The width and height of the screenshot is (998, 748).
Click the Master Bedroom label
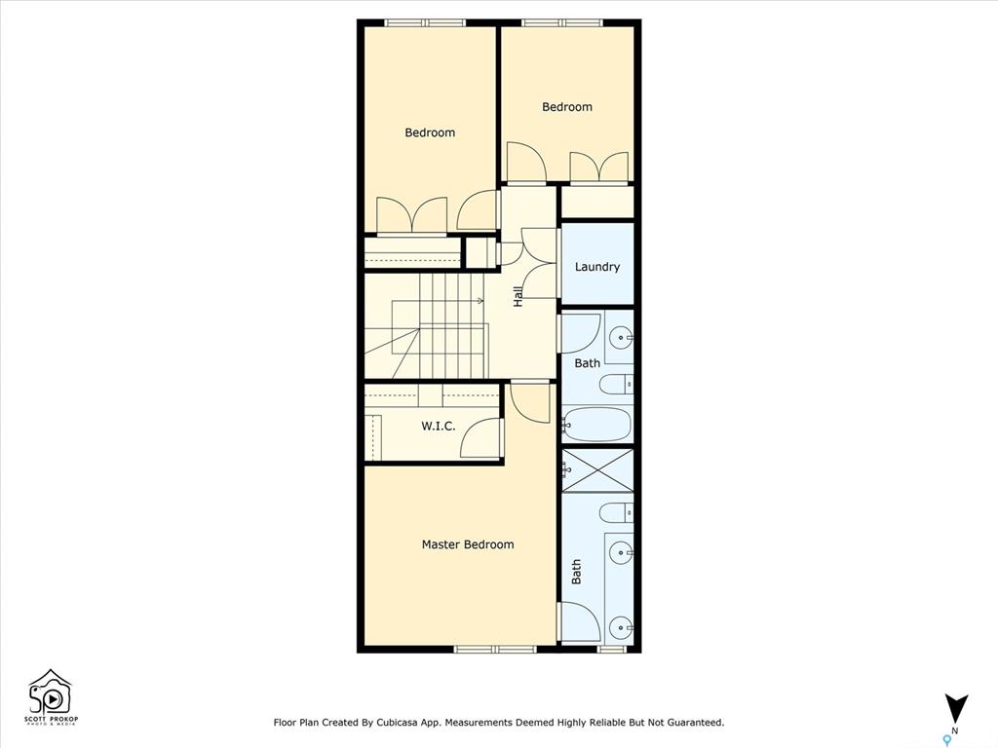point(468,544)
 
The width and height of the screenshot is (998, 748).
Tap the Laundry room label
point(597,267)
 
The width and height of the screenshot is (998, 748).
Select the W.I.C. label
point(438,427)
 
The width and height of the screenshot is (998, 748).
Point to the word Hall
point(518,296)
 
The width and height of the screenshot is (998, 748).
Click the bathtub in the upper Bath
point(597,424)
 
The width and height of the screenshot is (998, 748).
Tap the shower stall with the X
point(598,470)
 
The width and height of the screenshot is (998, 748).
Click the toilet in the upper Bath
point(616,385)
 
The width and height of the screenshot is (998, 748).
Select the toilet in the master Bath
point(616,512)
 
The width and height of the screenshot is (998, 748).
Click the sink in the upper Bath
point(621,338)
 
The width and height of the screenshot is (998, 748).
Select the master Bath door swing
point(579,622)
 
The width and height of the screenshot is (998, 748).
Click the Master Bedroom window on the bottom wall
point(495,650)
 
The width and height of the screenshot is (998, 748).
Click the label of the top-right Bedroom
point(567,107)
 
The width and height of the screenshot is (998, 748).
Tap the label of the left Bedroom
point(430,132)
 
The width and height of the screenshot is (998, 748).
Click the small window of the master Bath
point(612,650)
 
